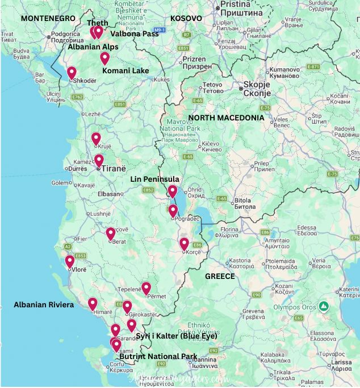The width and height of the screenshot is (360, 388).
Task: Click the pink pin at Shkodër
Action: tap(72, 73)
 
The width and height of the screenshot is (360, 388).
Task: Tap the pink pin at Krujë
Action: tap(96, 138)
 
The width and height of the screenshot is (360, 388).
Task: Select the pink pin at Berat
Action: tap(111, 233)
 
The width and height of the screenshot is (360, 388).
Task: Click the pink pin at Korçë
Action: tap(184, 244)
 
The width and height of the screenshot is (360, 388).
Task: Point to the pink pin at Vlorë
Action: tap(69, 261)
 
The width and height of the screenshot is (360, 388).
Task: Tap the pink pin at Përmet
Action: tap(146, 288)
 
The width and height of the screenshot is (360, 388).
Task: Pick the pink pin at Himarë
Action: tap(93, 304)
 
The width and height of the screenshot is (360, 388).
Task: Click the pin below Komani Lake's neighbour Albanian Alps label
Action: tap(104, 58)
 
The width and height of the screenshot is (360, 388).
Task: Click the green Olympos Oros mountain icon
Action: tap(324, 306)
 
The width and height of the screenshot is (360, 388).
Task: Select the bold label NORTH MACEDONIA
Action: tap(226, 118)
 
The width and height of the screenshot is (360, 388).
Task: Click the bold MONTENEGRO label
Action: tap(48, 18)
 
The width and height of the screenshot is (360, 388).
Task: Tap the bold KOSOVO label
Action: tap(186, 18)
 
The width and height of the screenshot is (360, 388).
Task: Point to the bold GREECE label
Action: tap(220, 276)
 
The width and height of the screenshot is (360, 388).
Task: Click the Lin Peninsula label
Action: tap(155, 179)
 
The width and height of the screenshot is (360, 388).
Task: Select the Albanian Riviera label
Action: tap(44, 305)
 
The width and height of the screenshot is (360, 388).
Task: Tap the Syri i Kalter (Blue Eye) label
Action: tap(177, 336)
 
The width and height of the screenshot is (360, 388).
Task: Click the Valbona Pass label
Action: tap(134, 34)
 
